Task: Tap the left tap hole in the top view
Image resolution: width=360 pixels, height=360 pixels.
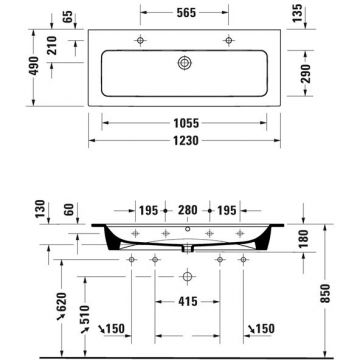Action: pyautogui.click(x=138, y=41)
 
